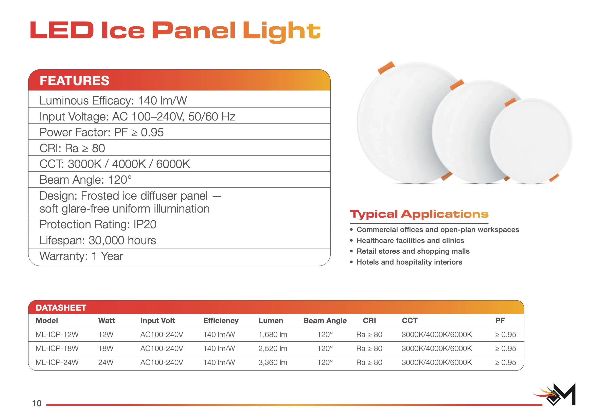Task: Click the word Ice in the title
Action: point(123,30)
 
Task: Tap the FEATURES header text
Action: point(74,81)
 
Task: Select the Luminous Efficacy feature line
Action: point(113,101)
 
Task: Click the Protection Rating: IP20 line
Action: point(98,224)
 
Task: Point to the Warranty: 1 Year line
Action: point(81,256)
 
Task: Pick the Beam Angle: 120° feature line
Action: point(86,180)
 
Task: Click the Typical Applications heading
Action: point(419,215)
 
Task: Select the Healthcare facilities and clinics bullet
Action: point(410,240)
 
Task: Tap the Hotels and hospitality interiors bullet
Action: point(410,262)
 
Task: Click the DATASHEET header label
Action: point(61,308)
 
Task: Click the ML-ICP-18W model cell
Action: point(57,348)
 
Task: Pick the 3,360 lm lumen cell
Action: point(273,362)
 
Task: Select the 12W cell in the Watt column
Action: point(106,334)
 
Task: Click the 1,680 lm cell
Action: point(273,334)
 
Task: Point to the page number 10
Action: point(37,403)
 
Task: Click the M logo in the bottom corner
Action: point(555,394)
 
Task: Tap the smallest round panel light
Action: point(531,141)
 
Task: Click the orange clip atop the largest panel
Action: point(386,67)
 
